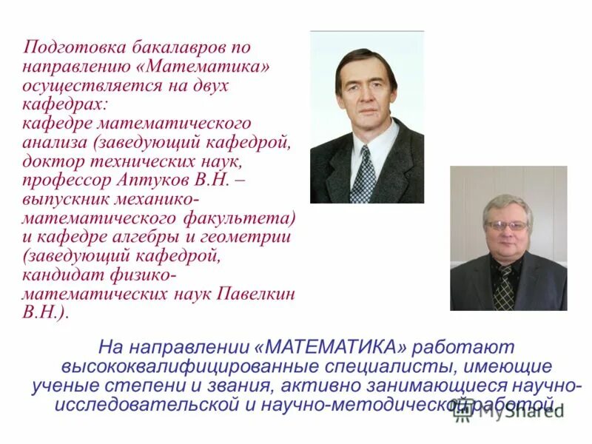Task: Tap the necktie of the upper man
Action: point(363,175)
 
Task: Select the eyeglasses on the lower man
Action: point(507,225)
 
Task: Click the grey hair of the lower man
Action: point(507,202)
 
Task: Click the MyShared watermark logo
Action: point(511,411)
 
